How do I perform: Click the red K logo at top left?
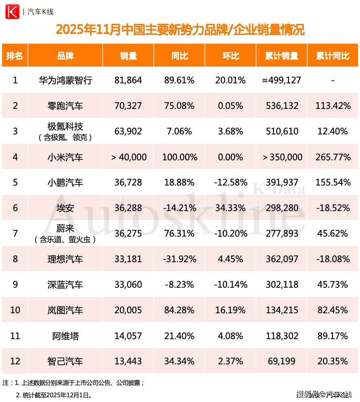tap(12, 12)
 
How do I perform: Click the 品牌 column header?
tap(65, 56)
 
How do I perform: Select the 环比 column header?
tap(230, 56)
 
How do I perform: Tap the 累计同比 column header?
tap(332, 56)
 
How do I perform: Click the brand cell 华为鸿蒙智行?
tap(65, 80)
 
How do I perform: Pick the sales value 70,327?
tap(128, 106)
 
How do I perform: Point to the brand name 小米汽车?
tap(65, 157)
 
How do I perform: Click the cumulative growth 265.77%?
tap(333, 157)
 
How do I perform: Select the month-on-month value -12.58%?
tap(230, 183)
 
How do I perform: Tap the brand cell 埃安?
tap(65, 208)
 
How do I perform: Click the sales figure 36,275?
tap(128, 234)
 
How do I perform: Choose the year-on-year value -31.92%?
tap(179, 259)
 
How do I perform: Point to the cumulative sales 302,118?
tap(282, 285)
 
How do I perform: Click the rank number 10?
tap(15, 310)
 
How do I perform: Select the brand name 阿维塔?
tap(65, 336)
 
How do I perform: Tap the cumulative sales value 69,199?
tap(282, 361)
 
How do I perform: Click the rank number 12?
tap(15, 361)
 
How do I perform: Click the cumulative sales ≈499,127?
tap(282, 80)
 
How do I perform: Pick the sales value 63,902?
tap(128, 131)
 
